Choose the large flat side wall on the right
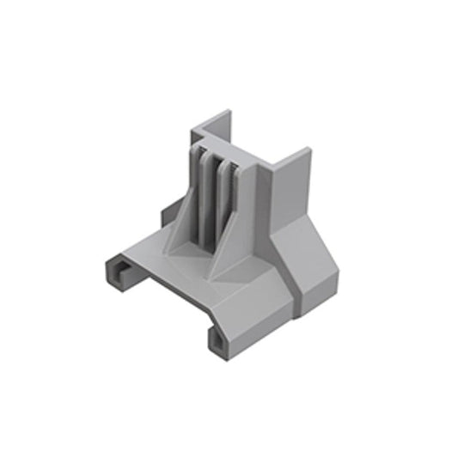pos(290,202)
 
